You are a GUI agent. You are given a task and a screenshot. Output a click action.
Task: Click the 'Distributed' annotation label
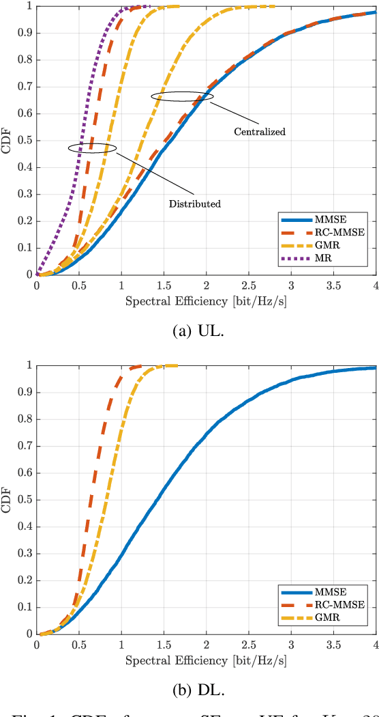click(x=195, y=203)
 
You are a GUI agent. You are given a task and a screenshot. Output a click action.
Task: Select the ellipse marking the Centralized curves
click(x=182, y=97)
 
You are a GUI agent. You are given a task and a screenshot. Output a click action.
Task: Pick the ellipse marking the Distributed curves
click(x=92, y=147)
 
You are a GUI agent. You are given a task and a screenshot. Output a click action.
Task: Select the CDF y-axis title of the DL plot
click(x=7, y=499)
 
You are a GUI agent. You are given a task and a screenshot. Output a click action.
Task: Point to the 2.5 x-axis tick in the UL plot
click(x=249, y=285)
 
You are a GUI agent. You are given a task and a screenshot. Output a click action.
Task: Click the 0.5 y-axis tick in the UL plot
click(x=25, y=141)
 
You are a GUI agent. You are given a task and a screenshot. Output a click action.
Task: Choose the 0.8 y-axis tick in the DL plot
click(x=25, y=419)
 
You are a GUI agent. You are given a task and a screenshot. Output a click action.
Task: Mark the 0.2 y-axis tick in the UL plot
click(x=25, y=221)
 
